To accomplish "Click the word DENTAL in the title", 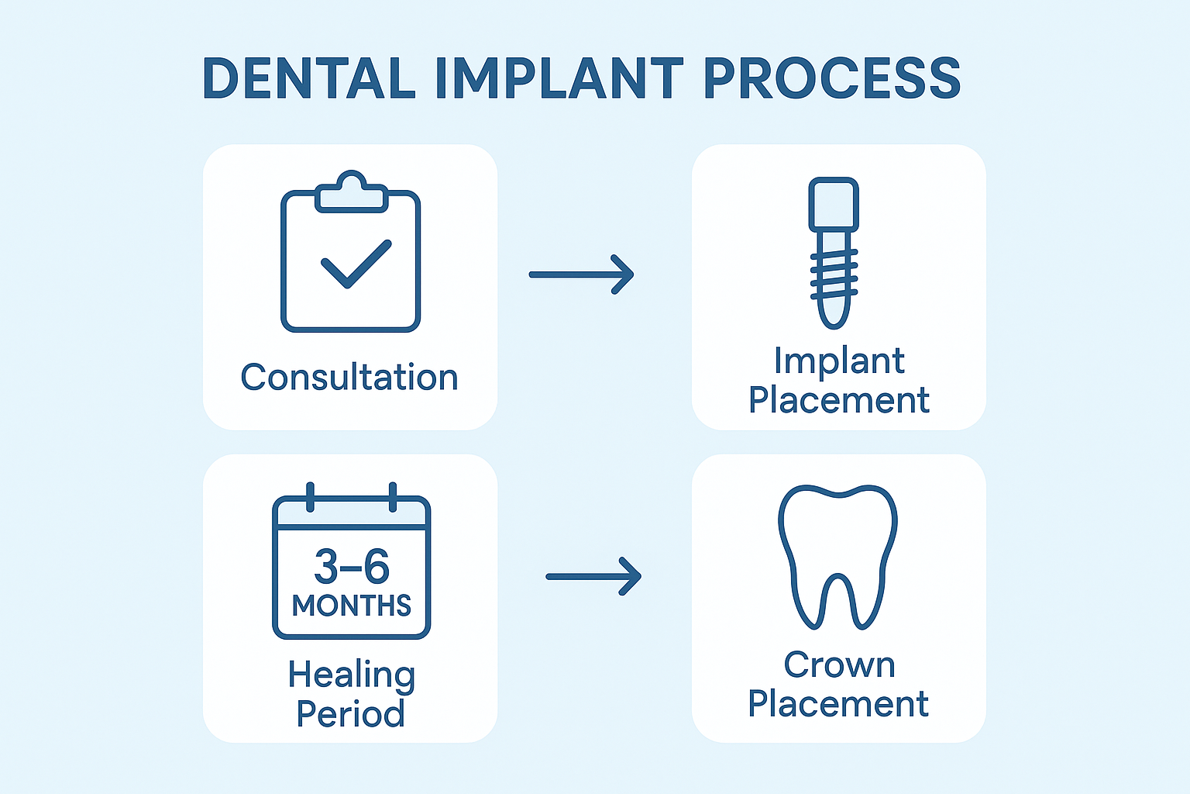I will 308,78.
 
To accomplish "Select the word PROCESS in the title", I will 832,78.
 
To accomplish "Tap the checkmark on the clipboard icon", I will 356,264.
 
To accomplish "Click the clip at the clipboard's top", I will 351,192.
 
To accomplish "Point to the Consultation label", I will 349,378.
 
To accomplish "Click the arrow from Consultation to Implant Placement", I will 581,274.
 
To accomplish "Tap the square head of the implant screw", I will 834,204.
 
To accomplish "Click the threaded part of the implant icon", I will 834,275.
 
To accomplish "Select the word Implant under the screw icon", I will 839,361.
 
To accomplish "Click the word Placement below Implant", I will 839,400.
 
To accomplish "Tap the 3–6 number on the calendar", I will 352,567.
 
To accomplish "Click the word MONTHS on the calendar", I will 352,606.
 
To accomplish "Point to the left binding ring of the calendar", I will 311,497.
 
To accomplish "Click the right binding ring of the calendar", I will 393,497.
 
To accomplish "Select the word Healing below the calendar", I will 352,675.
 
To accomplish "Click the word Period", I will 351,713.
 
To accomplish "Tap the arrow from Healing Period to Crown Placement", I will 593,577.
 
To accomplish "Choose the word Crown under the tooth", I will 839,665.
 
